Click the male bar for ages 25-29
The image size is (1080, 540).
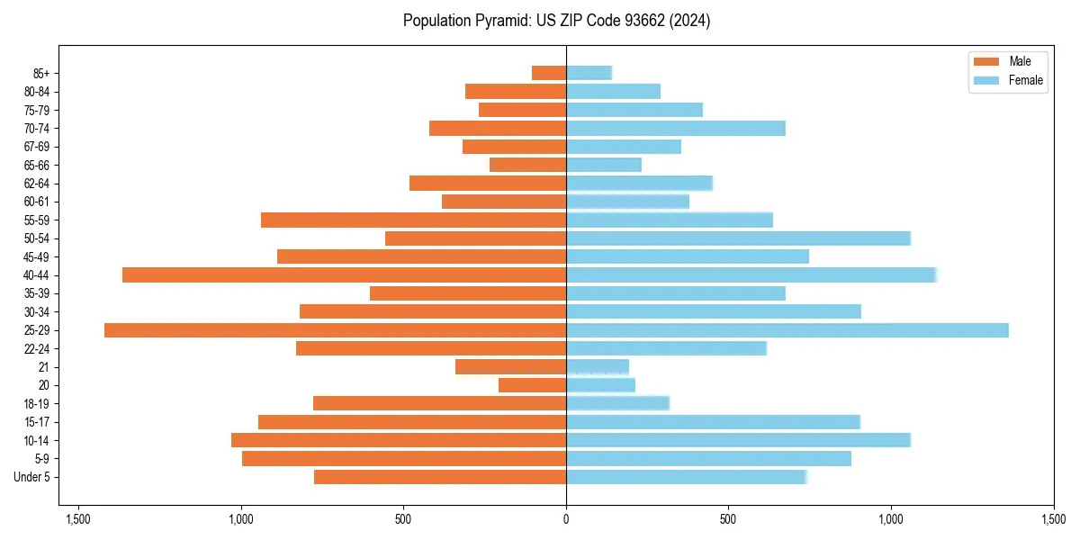point(335,330)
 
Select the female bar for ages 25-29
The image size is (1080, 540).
point(787,330)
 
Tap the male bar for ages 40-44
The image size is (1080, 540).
point(344,275)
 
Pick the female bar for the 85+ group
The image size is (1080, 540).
point(589,73)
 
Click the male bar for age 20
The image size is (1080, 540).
point(532,385)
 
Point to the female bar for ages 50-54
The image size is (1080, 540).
point(738,238)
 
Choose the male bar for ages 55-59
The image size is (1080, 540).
point(413,220)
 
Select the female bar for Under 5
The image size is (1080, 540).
point(686,477)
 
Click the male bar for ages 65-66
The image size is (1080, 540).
point(527,165)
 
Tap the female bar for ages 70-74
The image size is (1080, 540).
point(676,128)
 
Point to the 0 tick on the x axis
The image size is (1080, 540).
point(566,519)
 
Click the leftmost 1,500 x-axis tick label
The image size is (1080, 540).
point(78,519)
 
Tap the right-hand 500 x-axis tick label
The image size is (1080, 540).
point(729,519)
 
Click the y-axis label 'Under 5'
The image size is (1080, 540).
point(32,477)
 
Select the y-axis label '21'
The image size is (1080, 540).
point(44,367)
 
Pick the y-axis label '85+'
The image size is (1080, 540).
point(40,73)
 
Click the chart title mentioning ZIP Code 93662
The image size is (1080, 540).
point(557,21)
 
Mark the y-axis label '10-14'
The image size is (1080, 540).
point(37,440)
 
